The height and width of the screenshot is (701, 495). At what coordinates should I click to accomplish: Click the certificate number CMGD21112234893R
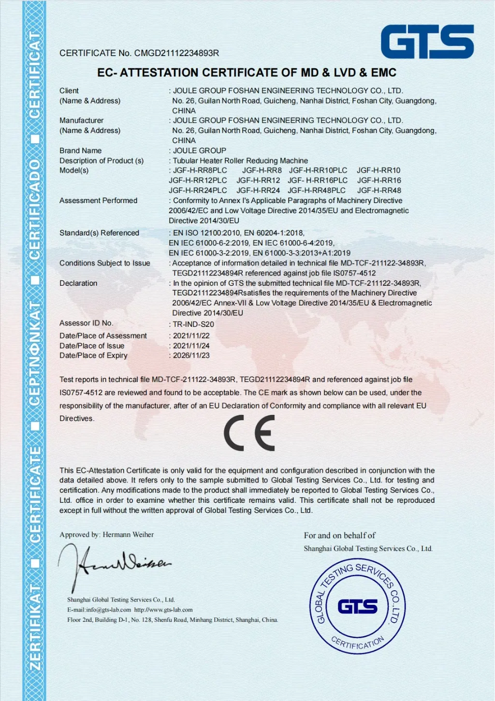(176, 53)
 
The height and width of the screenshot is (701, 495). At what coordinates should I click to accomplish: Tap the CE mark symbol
(249, 433)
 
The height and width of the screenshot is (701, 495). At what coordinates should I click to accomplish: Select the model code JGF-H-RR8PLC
(200, 171)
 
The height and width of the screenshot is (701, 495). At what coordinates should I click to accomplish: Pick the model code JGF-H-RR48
(379, 190)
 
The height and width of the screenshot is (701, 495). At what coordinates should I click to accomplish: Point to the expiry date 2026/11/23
(191, 355)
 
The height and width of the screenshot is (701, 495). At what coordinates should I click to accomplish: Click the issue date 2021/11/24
(191, 346)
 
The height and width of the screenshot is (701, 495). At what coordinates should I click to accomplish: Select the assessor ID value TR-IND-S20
(193, 324)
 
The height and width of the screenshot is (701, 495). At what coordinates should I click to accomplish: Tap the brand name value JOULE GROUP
(200, 151)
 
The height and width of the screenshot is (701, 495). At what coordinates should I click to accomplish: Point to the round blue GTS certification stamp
(357, 606)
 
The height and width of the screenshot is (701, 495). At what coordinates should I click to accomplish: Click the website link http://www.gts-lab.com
(163, 610)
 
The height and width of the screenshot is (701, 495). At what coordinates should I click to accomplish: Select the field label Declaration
(78, 283)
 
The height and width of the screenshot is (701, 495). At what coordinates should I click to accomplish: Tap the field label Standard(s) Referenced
(99, 233)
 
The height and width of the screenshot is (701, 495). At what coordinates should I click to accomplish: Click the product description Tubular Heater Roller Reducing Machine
(240, 161)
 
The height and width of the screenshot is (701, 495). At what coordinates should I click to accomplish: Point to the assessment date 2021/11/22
(191, 336)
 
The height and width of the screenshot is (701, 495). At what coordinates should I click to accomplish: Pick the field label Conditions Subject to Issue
(104, 263)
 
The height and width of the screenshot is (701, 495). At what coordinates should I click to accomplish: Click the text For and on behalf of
(339, 536)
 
